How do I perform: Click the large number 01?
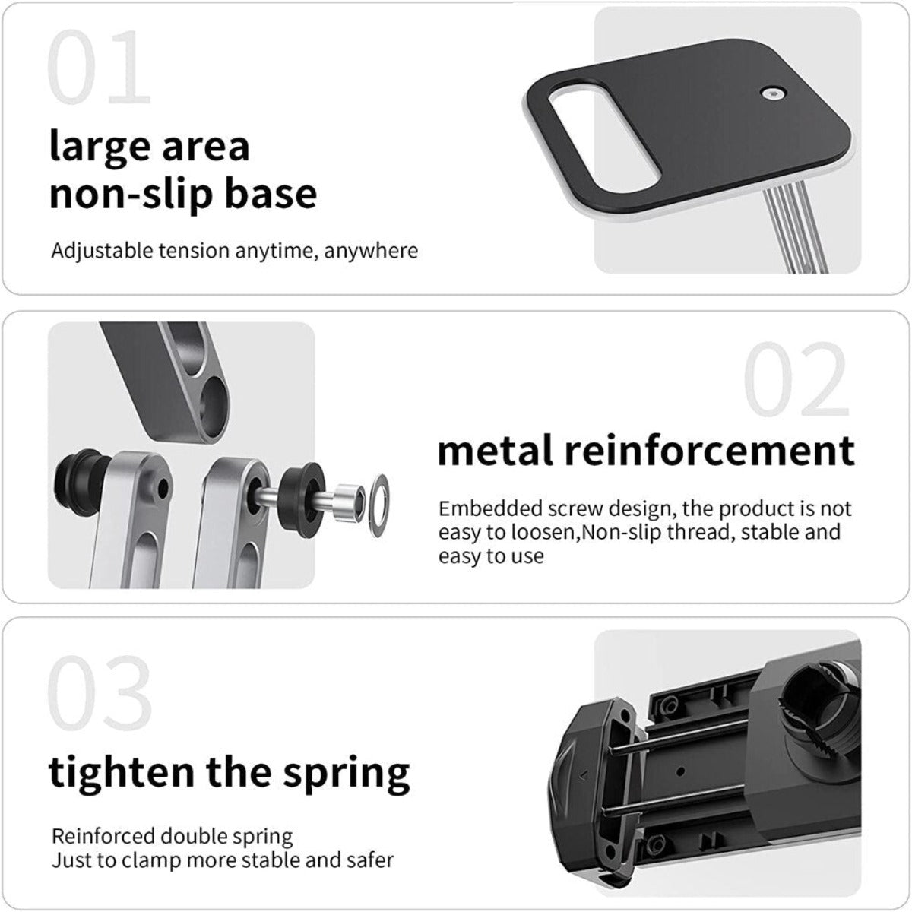point(99,70)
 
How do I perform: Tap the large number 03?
point(100,694)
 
